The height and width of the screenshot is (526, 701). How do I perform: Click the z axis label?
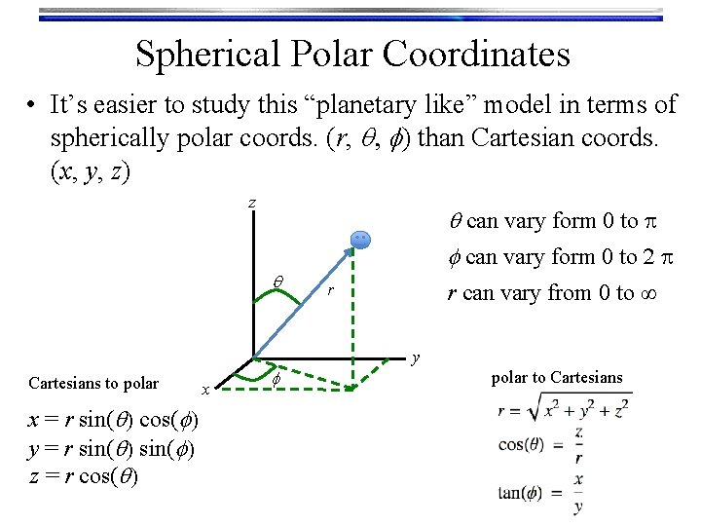point(252,203)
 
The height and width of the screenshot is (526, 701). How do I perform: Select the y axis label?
point(416,358)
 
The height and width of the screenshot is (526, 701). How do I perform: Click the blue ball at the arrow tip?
point(359,240)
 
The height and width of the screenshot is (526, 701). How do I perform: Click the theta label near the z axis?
point(277,282)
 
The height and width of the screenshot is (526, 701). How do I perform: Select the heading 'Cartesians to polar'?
point(93,382)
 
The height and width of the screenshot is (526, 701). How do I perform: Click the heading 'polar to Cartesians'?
point(557,377)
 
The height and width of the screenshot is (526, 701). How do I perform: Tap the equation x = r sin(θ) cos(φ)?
point(115,420)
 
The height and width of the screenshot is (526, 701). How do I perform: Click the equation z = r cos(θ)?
point(83,476)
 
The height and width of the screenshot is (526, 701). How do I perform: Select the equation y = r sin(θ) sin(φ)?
point(112,448)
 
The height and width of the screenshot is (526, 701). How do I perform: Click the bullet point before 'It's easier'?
point(33,105)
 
